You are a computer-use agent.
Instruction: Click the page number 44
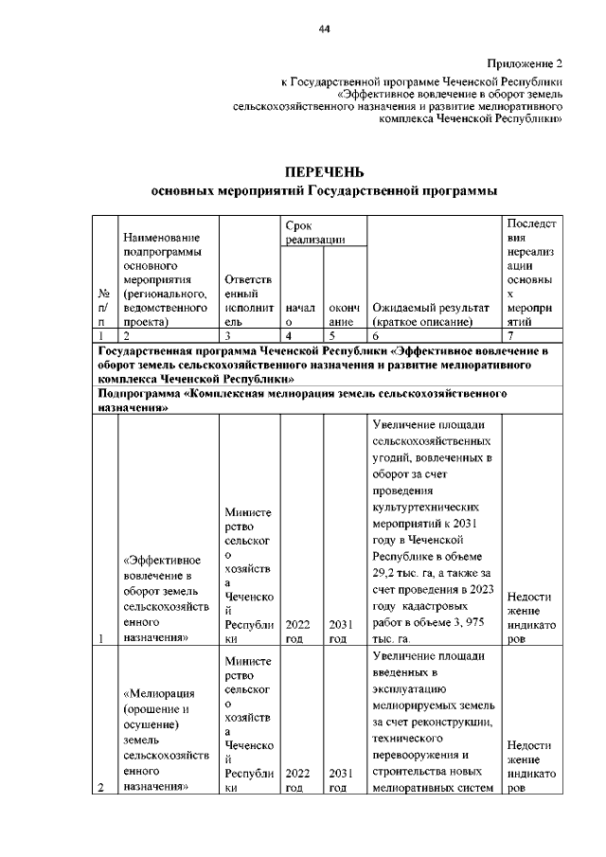[x=324, y=30]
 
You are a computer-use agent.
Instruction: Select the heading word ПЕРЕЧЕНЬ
[x=324, y=171]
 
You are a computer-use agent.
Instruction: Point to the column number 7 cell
[x=533, y=336]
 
